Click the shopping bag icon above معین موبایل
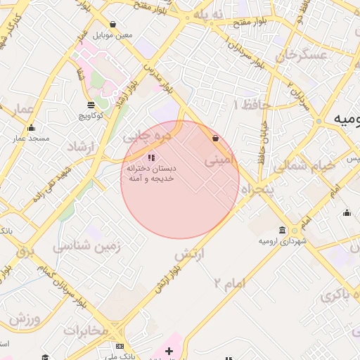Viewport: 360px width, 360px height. [112, 24]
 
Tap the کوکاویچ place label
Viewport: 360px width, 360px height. [91, 115]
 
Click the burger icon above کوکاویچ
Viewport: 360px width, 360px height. [91, 105]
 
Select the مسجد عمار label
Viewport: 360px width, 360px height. [30, 138]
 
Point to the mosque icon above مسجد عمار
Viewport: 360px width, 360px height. [31, 128]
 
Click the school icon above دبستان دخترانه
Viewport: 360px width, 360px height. [150, 157]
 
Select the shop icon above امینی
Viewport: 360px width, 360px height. [215, 139]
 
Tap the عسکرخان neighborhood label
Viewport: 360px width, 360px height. [303, 55]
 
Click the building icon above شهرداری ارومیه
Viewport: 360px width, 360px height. [282, 231]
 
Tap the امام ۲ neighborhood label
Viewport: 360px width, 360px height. [231, 283]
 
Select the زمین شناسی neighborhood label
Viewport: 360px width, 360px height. [88, 247]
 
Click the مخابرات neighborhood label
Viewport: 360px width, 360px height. [86, 330]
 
